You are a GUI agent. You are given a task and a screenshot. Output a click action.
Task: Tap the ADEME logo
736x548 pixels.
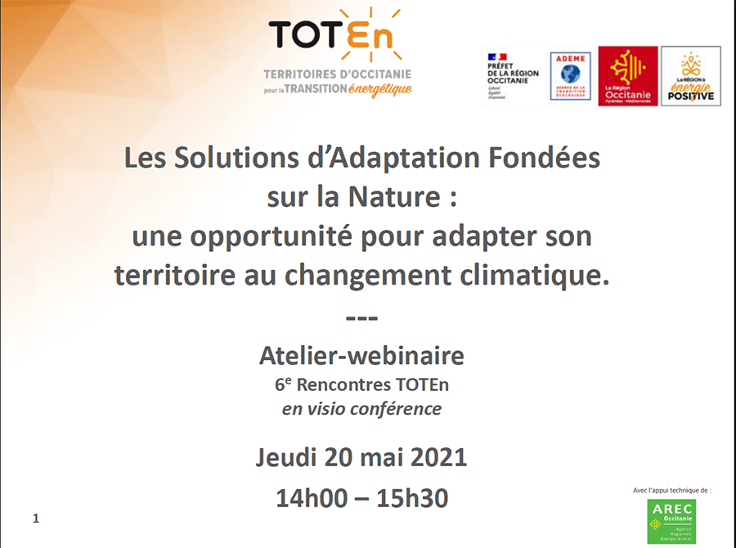[x=570, y=76]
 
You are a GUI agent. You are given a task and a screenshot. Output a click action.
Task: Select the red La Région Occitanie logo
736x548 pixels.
[x=627, y=76]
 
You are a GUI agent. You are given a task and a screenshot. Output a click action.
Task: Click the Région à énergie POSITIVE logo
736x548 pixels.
[x=690, y=76]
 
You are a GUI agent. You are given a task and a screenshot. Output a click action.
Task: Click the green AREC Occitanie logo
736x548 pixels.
[x=671, y=521]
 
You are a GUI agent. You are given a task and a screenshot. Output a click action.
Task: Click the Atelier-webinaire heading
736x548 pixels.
[x=361, y=356]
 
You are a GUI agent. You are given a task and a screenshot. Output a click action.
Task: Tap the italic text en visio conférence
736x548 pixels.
[x=361, y=408]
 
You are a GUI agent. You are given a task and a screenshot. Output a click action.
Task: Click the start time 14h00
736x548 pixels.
[x=312, y=497]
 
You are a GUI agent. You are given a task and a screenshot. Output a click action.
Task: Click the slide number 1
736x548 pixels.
[x=36, y=519]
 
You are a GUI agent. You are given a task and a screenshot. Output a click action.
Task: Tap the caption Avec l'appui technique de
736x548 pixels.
[x=672, y=490]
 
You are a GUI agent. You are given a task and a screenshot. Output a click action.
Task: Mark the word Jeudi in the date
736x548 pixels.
[x=286, y=456]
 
